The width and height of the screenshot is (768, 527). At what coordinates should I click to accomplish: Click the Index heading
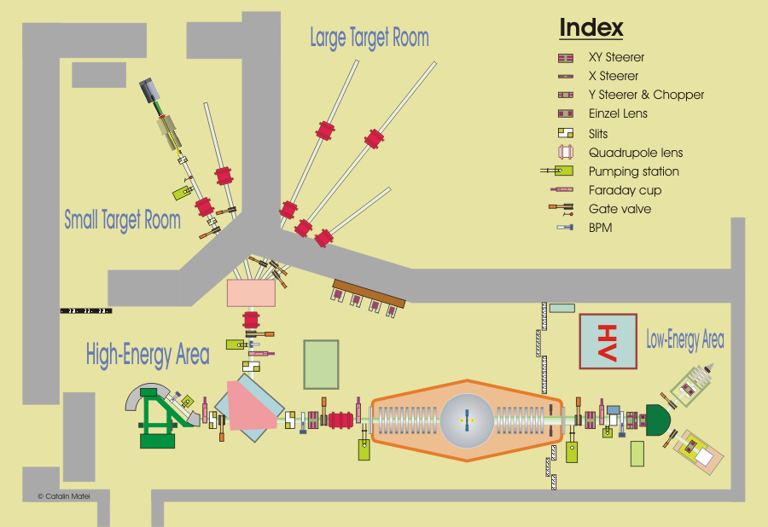[x=591, y=27]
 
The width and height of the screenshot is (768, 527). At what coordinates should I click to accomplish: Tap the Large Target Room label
[x=369, y=38]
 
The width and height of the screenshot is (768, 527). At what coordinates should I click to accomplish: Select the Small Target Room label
[x=122, y=220]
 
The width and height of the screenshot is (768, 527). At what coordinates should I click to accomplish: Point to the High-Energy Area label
[x=147, y=355]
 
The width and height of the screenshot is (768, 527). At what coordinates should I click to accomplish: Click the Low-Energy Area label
[x=684, y=340]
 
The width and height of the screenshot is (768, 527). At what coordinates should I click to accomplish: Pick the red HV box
[x=608, y=341]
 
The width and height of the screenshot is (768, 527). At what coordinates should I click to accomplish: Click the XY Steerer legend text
[x=616, y=58]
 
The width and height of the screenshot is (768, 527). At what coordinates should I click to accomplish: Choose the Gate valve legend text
[x=620, y=209]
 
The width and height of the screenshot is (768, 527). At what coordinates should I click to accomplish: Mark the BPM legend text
[x=600, y=228]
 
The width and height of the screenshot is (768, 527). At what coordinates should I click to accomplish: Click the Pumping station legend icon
[x=561, y=171]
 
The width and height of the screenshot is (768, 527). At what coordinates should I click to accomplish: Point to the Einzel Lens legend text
[x=618, y=113]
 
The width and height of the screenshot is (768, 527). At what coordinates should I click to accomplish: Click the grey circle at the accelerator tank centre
[x=466, y=419]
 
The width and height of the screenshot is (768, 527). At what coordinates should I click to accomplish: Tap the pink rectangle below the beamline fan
[x=252, y=293]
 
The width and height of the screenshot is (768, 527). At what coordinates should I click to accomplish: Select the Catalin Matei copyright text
[x=63, y=495]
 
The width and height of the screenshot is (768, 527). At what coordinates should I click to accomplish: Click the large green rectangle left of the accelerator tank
[x=321, y=364]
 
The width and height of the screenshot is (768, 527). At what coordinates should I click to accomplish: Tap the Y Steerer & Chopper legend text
[x=646, y=95]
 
